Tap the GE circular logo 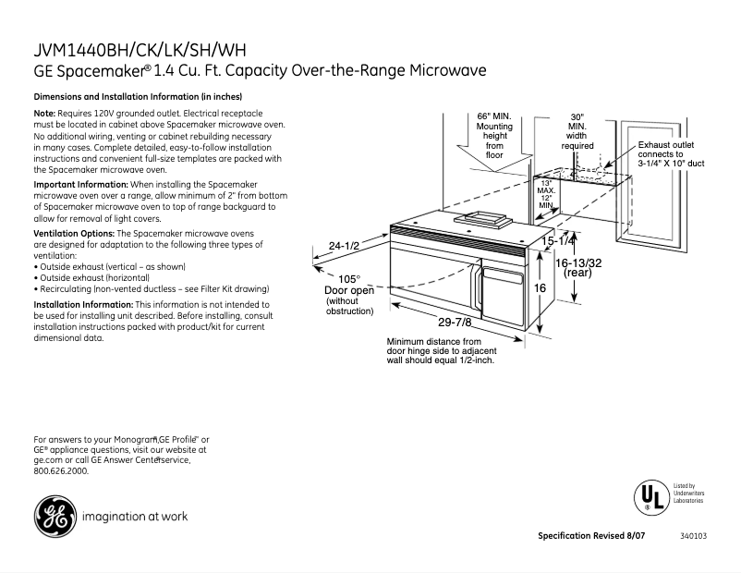coord(55,517)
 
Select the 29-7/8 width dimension coord(454,323)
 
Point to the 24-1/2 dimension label coord(344,245)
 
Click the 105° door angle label coord(348,278)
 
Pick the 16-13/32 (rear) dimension coord(578,267)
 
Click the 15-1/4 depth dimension coord(559,241)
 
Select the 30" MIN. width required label coord(577,131)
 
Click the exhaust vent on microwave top coord(484,220)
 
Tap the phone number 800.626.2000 coord(61,470)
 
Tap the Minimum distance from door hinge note coord(440,350)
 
